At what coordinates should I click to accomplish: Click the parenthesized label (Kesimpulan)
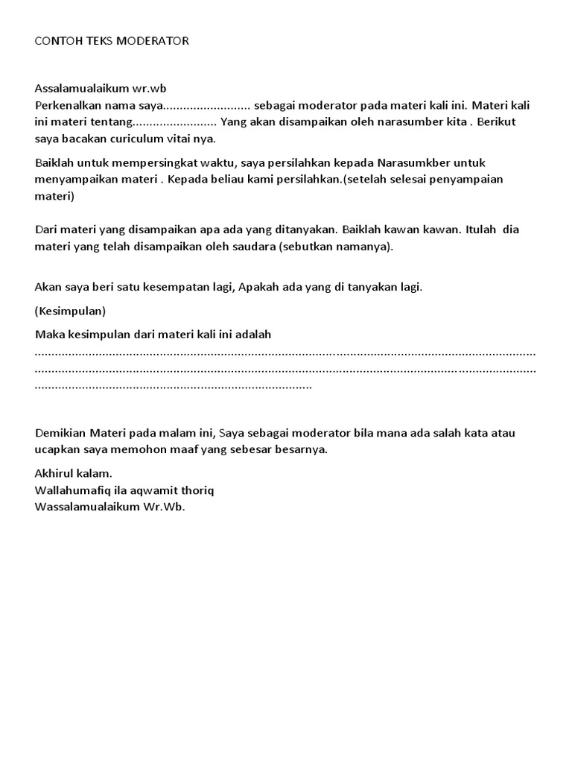point(70,311)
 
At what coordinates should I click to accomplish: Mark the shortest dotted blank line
point(174,386)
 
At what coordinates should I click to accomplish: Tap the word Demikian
point(61,433)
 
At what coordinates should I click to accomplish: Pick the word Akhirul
point(55,474)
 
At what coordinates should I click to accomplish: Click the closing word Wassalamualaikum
point(82,507)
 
